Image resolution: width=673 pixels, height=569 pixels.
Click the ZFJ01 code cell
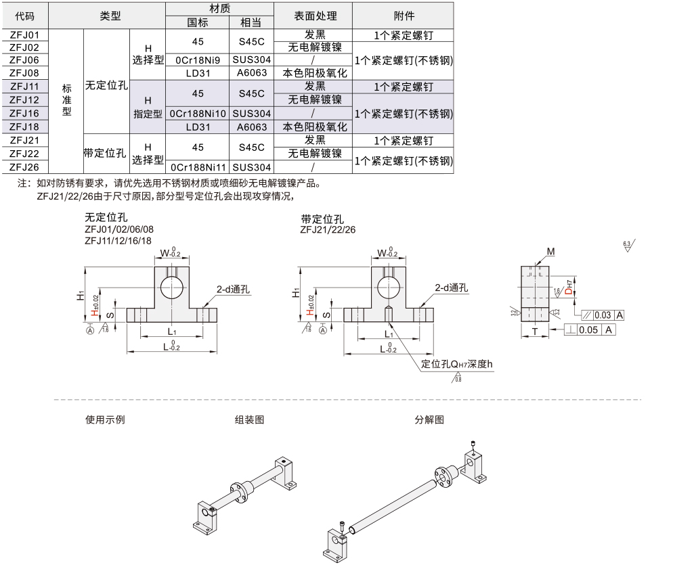click(25, 35)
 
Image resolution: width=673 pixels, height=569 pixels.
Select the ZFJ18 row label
click(25, 127)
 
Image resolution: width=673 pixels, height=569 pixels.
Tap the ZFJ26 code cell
click(25, 167)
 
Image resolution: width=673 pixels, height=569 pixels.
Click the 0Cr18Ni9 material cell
click(198, 60)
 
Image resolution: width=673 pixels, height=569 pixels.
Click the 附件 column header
click(404, 16)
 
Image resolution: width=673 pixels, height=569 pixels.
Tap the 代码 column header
click(25, 16)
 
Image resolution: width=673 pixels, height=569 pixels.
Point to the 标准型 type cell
click(66, 99)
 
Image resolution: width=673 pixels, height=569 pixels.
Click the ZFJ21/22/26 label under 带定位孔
click(328, 230)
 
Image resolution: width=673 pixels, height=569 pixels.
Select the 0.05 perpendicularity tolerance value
click(588, 329)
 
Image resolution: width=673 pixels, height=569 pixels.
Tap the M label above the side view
click(551, 252)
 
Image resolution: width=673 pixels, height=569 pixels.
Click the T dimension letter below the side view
click(534, 331)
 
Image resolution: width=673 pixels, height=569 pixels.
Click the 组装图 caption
click(249, 419)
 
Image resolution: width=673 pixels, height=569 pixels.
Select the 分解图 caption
click(429, 419)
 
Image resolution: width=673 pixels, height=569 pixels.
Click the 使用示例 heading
click(105, 419)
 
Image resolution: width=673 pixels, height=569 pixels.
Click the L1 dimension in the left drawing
click(171, 332)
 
